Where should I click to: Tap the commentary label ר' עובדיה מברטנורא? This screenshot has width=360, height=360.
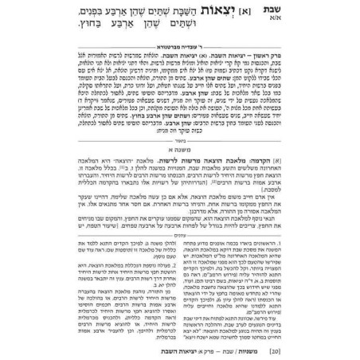coord(180,57)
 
